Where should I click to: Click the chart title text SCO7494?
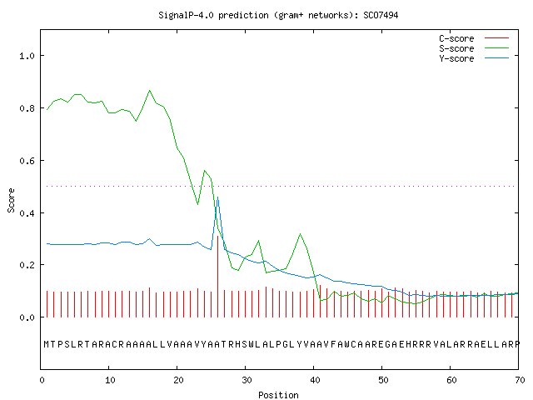click(381, 15)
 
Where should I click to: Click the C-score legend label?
click(456, 38)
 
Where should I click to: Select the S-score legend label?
click(456, 48)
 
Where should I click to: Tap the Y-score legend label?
click(456, 58)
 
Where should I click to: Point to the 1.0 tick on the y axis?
click(27, 56)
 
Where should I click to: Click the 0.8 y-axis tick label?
click(27, 108)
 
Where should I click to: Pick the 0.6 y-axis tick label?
click(27, 161)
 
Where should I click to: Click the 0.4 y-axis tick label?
click(27, 213)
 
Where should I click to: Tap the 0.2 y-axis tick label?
click(27, 265)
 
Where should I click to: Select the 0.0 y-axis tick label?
click(27, 317)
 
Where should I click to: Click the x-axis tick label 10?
click(110, 380)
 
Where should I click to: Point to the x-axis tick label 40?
click(315, 380)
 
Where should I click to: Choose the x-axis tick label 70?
click(520, 380)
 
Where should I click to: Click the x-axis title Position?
click(278, 395)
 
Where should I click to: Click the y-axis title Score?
click(11, 201)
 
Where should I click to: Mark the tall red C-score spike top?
click(218, 236)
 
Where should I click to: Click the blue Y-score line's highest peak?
click(218, 197)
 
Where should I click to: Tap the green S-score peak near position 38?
click(300, 234)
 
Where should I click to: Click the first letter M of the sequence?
click(47, 344)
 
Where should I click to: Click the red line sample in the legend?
click(496, 38)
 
